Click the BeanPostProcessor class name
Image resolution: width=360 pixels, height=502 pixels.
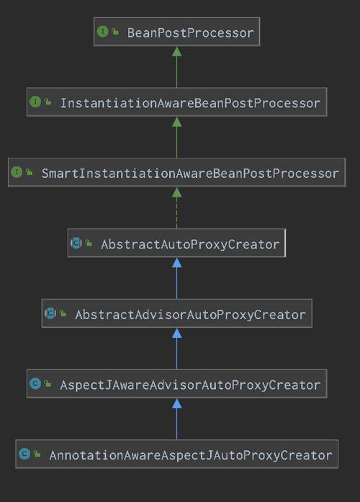(x=190, y=33)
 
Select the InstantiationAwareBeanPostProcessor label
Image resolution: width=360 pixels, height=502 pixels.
(x=190, y=103)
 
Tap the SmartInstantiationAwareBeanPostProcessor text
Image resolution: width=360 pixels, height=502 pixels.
(x=190, y=174)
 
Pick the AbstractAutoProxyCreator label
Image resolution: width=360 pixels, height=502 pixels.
(x=190, y=245)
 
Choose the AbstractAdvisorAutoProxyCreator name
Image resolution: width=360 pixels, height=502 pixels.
(x=190, y=315)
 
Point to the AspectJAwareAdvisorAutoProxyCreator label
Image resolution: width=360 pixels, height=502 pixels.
(x=190, y=385)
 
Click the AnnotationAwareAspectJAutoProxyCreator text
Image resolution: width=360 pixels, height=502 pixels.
(x=191, y=455)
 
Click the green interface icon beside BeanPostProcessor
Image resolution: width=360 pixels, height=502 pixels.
(x=103, y=32)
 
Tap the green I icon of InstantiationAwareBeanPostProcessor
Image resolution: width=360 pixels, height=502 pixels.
(x=35, y=102)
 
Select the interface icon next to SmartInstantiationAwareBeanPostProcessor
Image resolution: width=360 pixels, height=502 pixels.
(x=17, y=172)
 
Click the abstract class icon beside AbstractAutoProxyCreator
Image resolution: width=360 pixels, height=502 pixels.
(x=76, y=243)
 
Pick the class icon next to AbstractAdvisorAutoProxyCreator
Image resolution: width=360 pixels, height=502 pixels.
(x=50, y=313)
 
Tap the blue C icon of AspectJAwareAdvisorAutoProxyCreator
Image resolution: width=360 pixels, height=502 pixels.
(x=35, y=384)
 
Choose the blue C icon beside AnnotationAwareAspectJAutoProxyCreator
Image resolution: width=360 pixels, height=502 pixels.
(x=24, y=454)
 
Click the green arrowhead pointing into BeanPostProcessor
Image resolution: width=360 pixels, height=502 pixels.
(x=177, y=52)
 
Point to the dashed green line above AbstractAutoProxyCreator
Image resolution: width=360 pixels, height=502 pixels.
(x=177, y=212)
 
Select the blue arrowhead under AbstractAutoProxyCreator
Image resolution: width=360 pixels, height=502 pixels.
(x=177, y=263)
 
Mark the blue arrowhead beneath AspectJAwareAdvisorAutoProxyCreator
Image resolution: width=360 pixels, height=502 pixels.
(x=177, y=403)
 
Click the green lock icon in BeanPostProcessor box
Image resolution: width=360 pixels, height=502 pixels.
(x=115, y=32)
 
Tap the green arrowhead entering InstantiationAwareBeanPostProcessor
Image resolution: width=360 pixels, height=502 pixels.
(x=177, y=122)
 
